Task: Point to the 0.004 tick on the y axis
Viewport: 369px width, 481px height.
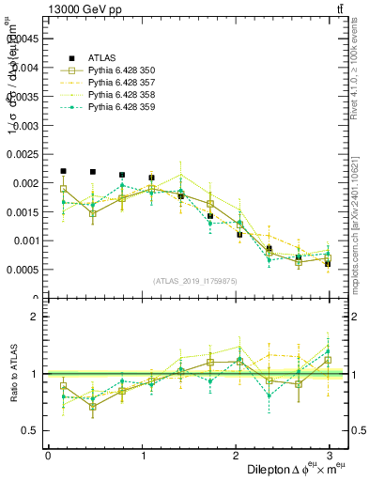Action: click(27, 68)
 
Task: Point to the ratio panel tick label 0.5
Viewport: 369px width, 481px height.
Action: click(33, 430)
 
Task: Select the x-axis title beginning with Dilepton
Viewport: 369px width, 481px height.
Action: click(291, 469)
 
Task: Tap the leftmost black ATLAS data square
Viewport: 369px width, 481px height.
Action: click(63, 171)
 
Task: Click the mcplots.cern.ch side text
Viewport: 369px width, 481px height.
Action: click(354, 219)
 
